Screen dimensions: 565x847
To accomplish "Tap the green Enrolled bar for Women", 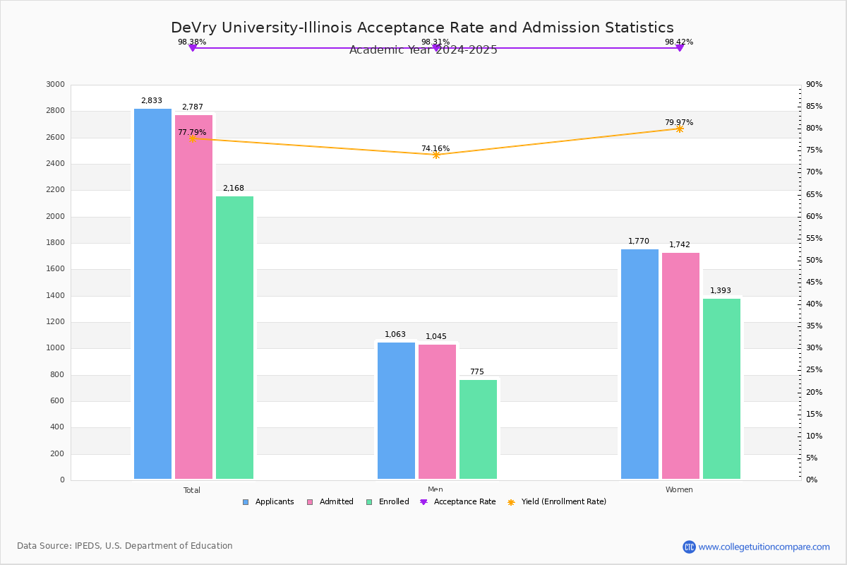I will [721, 388].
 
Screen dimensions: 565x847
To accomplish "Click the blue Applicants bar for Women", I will [639, 364].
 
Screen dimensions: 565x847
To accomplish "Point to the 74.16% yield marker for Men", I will [435, 155].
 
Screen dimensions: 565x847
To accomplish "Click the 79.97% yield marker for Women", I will [679, 129].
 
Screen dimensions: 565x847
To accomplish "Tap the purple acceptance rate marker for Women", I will [679, 48].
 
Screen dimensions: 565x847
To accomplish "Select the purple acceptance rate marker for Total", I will [192, 48].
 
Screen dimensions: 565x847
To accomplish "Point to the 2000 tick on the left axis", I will [56, 217].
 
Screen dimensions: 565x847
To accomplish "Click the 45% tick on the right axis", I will [814, 282].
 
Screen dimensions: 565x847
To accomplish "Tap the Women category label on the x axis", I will [679, 490].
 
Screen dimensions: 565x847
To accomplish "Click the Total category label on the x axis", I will [192, 490].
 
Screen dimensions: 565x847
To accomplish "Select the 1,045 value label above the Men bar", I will [436, 337].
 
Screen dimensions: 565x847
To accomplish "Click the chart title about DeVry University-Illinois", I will [422, 28].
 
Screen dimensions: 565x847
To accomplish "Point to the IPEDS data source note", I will [125, 546].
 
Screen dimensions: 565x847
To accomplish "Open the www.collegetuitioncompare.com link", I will [764, 547].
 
